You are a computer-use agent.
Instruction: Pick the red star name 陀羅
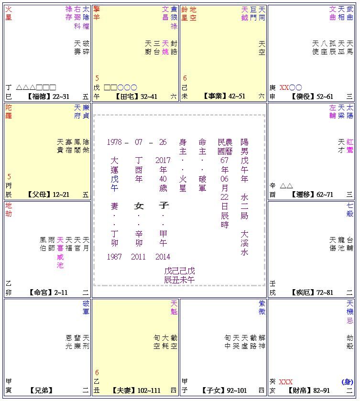[9, 111]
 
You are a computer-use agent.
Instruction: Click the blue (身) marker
[348, 382]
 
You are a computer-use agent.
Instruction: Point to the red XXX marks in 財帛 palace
[286, 382]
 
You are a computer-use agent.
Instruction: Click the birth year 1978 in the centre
[114, 142]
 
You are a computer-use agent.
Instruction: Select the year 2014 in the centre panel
[163, 257]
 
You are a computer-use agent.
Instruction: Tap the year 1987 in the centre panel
[114, 257]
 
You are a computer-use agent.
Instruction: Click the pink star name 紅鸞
[349, 146]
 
